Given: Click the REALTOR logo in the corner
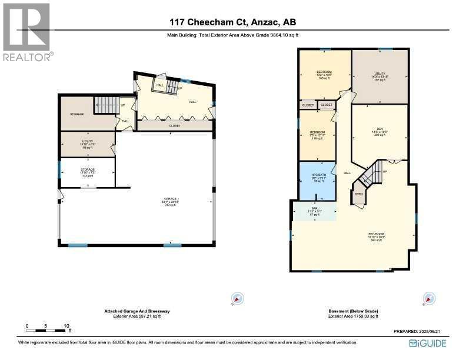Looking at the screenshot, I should [x=28, y=32].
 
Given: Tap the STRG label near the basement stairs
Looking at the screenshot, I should [x=358, y=194].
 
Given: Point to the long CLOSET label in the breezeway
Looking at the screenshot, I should [x=175, y=126].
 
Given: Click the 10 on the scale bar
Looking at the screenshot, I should [x=66, y=325].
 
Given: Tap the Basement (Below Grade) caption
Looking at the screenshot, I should [x=354, y=311].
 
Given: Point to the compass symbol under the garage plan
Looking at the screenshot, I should [x=236, y=299].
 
